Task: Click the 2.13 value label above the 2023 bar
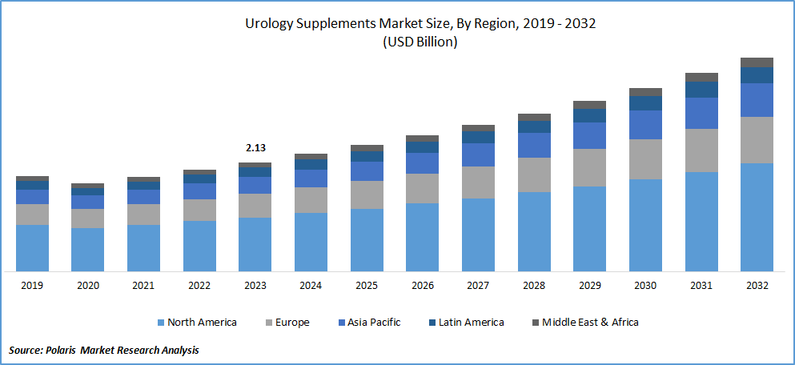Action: click(255, 148)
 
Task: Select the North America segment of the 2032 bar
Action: click(757, 217)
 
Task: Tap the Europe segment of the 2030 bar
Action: click(645, 158)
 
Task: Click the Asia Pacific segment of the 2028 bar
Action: click(534, 145)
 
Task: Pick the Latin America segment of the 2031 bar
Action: click(701, 90)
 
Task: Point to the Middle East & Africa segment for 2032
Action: click(757, 62)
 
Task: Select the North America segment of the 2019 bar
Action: click(32, 247)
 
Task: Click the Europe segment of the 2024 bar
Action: click(311, 199)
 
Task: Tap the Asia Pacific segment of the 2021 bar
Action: click(143, 197)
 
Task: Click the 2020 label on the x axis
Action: click(87, 286)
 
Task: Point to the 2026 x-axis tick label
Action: click(422, 286)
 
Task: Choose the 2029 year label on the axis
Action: click(589, 286)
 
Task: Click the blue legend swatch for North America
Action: click(160, 323)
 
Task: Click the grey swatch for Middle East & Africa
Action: click(535, 323)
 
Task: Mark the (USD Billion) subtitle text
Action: click(420, 42)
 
